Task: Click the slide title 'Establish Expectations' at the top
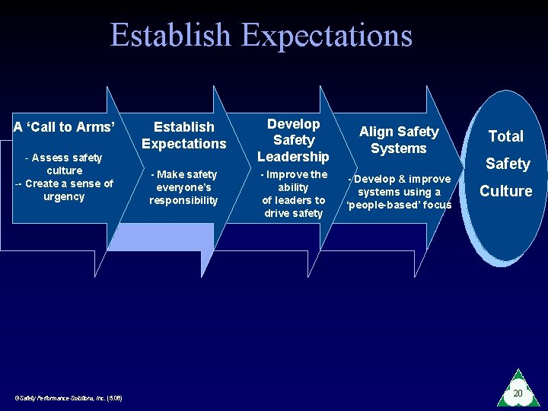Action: click(x=261, y=36)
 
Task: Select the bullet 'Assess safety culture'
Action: click(x=64, y=164)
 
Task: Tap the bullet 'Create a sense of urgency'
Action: click(x=64, y=190)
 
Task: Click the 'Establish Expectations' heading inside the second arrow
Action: click(x=183, y=135)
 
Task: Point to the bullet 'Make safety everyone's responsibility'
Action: click(x=183, y=187)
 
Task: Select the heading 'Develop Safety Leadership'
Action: click(x=293, y=140)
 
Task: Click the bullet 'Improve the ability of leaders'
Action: click(x=293, y=187)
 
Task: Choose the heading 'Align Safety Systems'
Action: click(x=399, y=140)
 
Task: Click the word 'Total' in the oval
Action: click(x=505, y=136)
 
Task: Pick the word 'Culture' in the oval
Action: click(x=505, y=191)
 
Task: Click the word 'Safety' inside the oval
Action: click(x=508, y=164)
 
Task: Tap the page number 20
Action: click(x=518, y=393)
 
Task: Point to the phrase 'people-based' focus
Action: click(x=399, y=205)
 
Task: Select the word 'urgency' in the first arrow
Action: click(x=65, y=196)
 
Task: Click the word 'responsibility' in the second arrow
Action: click(x=183, y=200)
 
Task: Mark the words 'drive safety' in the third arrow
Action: click(x=293, y=213)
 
